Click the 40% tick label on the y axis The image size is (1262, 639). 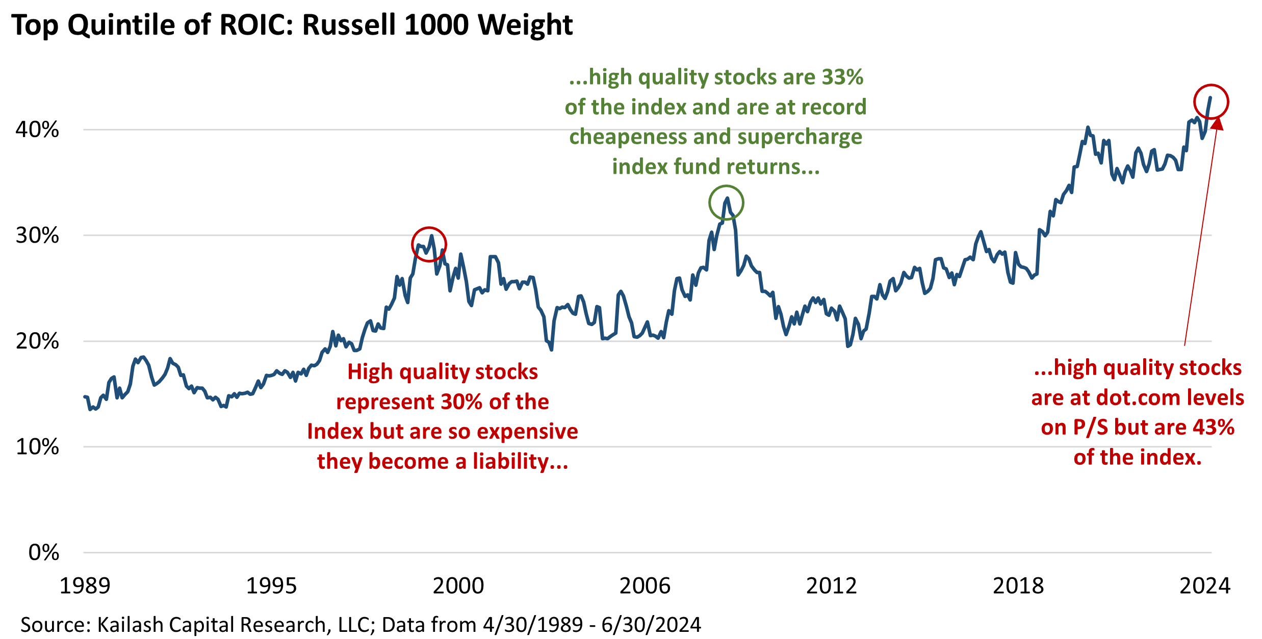pos(37,130)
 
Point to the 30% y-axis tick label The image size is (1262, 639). pos(37,235)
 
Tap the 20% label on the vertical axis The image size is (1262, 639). pos(37,341)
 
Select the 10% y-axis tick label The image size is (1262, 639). pos(37,447)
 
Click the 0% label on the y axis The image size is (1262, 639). pos(43,552)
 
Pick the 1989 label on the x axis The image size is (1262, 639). pos(85,586)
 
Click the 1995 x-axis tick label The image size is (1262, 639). pos(271,586)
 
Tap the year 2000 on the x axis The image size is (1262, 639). pos(458,586)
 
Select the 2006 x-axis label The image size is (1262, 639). pos(645,586)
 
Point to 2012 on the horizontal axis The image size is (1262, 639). pos(831,586)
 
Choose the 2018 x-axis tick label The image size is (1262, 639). pos(1018,586)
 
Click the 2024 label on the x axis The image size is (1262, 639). pos(1204,586)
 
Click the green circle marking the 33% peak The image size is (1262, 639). pos(726,203)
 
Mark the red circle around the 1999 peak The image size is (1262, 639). pos(429,245)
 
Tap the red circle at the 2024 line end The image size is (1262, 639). pos(1211,102)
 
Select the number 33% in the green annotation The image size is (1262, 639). pos(842,77)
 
